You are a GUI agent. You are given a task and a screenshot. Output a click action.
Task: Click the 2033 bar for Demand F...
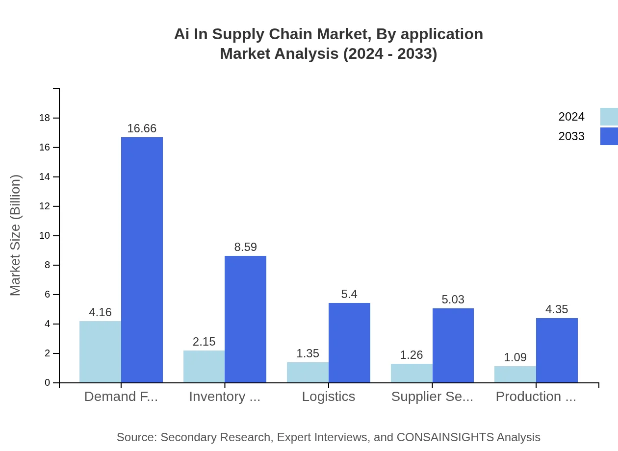[142, 260]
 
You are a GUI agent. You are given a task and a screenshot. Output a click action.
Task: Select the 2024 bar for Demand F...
[100, 351]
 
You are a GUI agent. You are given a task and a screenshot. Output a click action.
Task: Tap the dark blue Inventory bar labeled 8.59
[245, 319]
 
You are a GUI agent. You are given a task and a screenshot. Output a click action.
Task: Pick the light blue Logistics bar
[308, 372]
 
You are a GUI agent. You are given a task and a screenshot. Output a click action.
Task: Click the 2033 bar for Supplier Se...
[453, 345]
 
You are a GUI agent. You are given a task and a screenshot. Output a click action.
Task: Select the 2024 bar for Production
[515, 374]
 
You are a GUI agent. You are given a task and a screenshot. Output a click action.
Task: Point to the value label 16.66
[142, 128]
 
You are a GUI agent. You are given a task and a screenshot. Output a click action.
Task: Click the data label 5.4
[349, 294]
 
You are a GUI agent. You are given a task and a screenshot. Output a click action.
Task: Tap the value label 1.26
[411, 355]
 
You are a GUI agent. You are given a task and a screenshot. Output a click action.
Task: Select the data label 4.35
[557, 309]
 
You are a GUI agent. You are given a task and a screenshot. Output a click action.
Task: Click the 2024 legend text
[571, 117]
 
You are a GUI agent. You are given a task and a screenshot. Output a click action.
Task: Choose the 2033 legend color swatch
[609, 136]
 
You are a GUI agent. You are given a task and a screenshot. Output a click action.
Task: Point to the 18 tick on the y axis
[45, 118]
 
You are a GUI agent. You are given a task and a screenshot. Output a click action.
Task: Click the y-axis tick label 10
[45, 236]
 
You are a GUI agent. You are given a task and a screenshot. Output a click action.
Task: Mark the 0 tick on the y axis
[47, 383]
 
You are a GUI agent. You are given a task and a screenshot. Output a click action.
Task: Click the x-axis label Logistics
[328, 396]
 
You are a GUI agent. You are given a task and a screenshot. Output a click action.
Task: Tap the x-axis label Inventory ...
[225, 396]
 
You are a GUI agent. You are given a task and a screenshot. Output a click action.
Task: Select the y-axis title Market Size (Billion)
[16, 235]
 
